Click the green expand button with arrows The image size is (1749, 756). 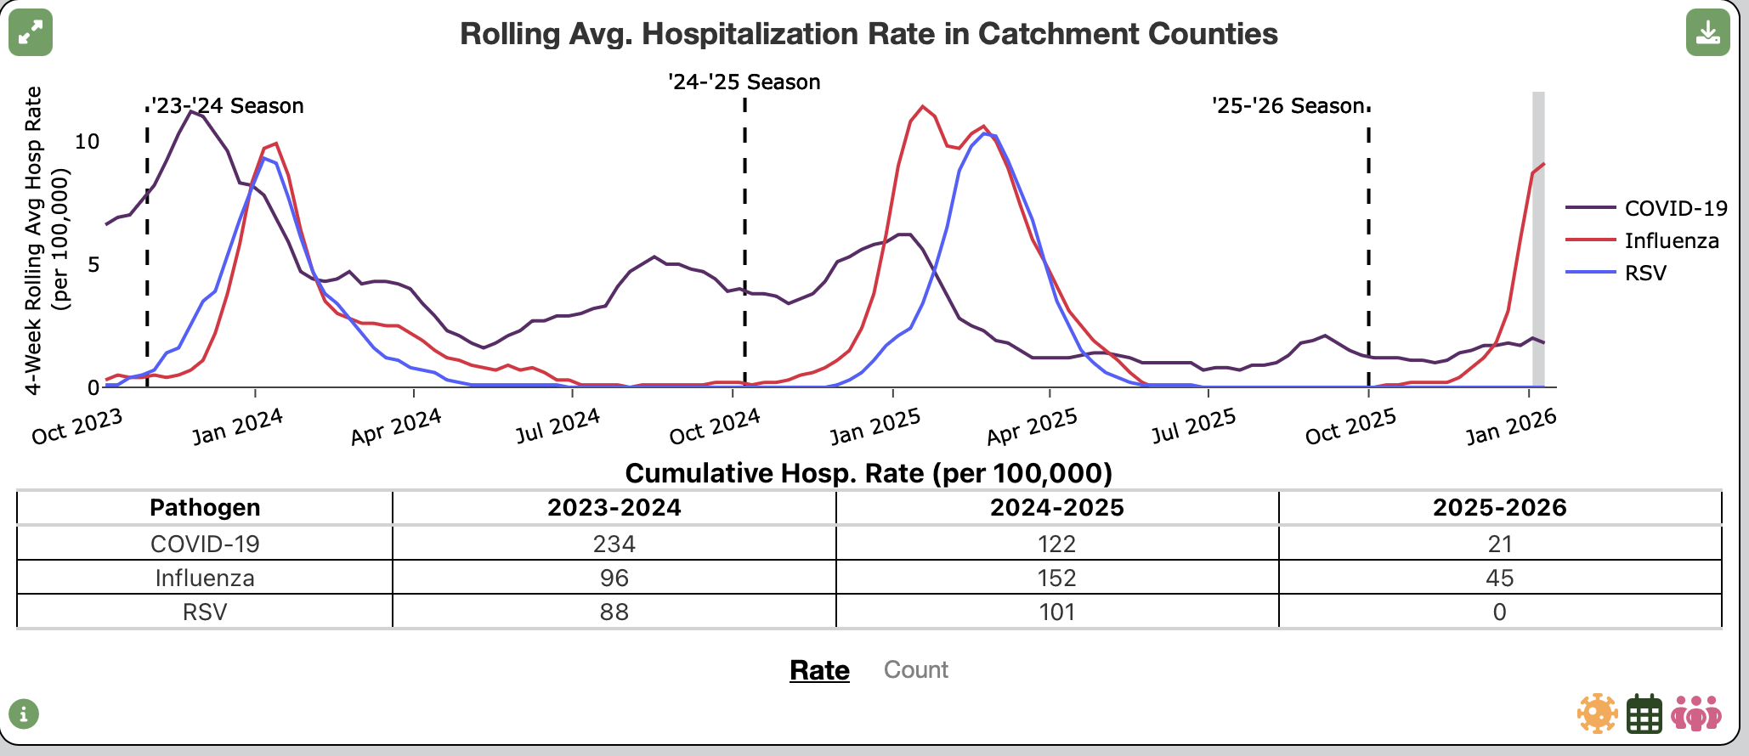pos(31,32)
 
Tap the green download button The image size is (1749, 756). pos(1707,32)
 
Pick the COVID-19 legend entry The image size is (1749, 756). pos(1646,208)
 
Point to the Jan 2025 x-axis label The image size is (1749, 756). pos(875,426)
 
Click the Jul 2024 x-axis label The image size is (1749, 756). pos(558,426)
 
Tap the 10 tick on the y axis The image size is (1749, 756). pos(88,141)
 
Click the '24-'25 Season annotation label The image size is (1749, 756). pos(744,82)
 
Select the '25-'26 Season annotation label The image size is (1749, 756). pos(1288,105)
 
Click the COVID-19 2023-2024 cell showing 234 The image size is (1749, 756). pos(614,544)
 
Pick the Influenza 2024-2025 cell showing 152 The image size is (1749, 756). pos(1057,578)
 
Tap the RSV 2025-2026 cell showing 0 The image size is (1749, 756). pos(1500,612)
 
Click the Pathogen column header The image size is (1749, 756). pos(205,507)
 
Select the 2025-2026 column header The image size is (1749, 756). pos(1500,507)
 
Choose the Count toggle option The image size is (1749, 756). pos(916,669)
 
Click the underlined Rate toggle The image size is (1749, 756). pos(819,670)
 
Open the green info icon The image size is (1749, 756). pos(24,714)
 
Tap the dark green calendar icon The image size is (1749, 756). pos(1644,714)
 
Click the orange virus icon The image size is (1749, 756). pos(1598,714)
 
